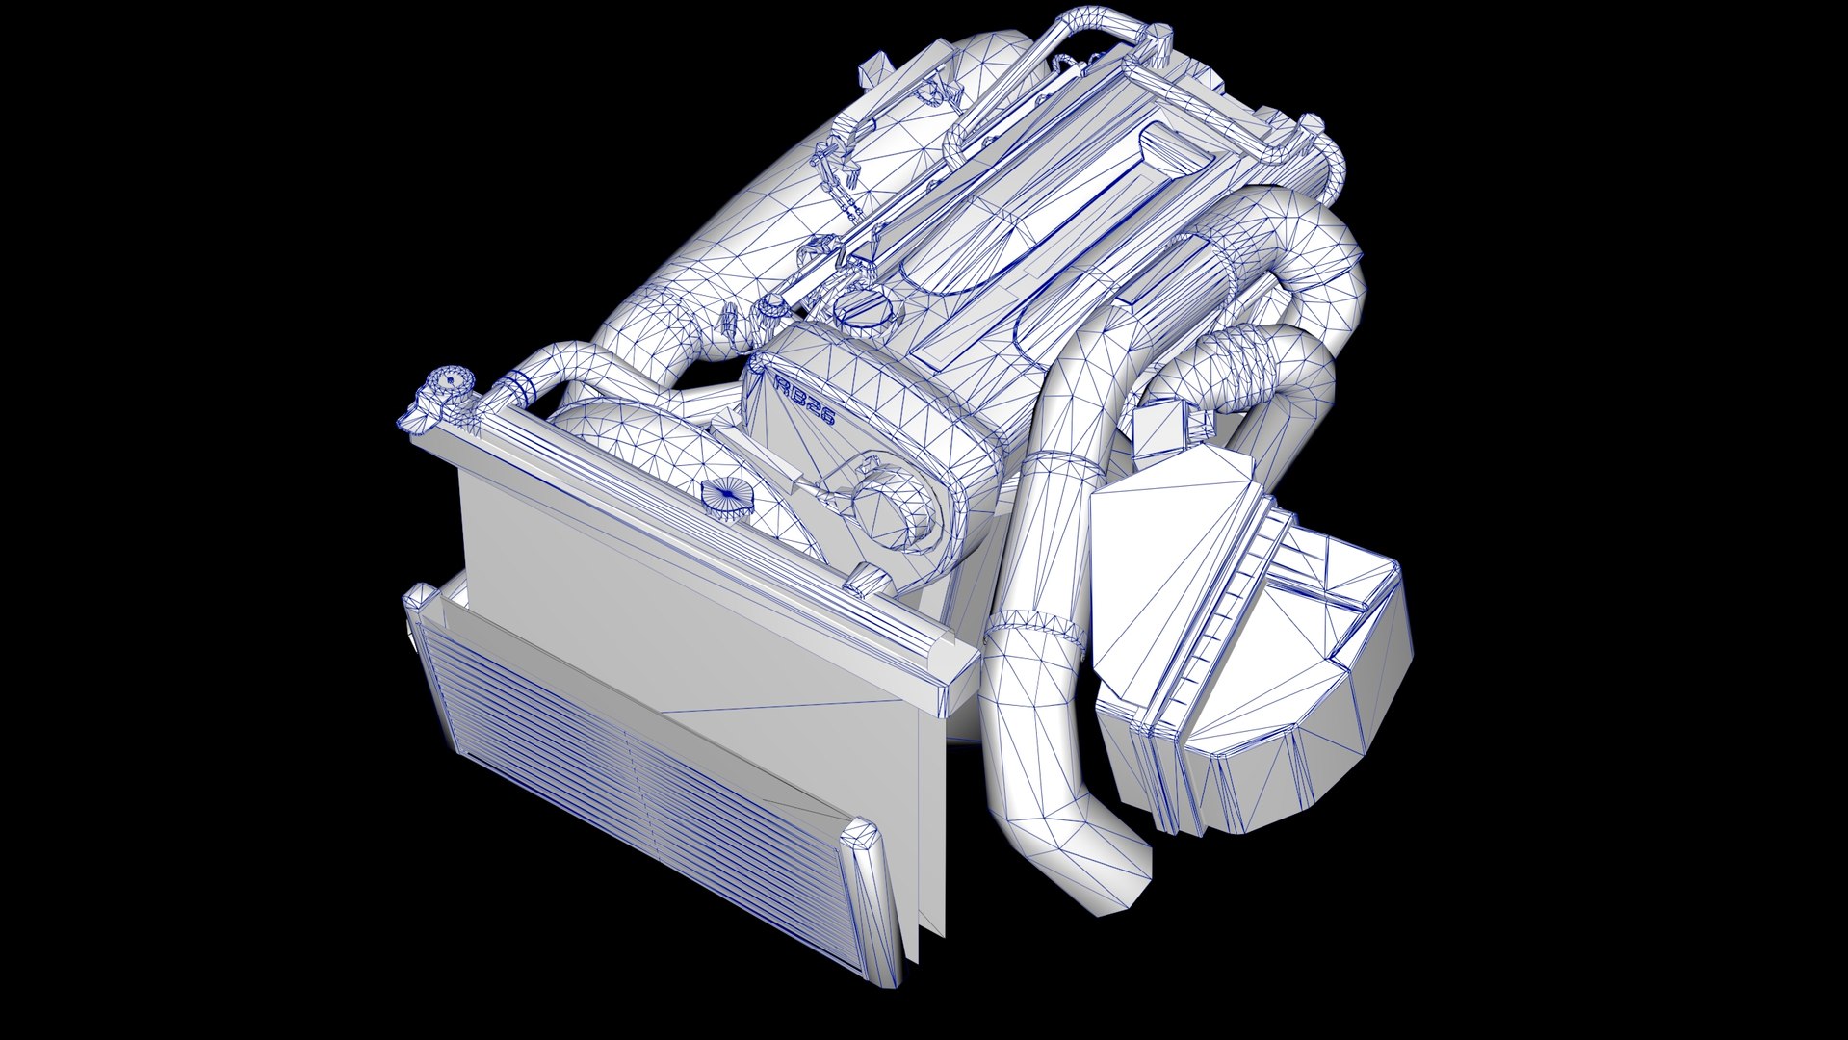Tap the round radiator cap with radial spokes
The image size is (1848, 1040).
728,500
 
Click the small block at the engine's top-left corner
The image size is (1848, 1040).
877,71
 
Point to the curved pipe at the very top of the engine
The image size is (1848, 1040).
1098,29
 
